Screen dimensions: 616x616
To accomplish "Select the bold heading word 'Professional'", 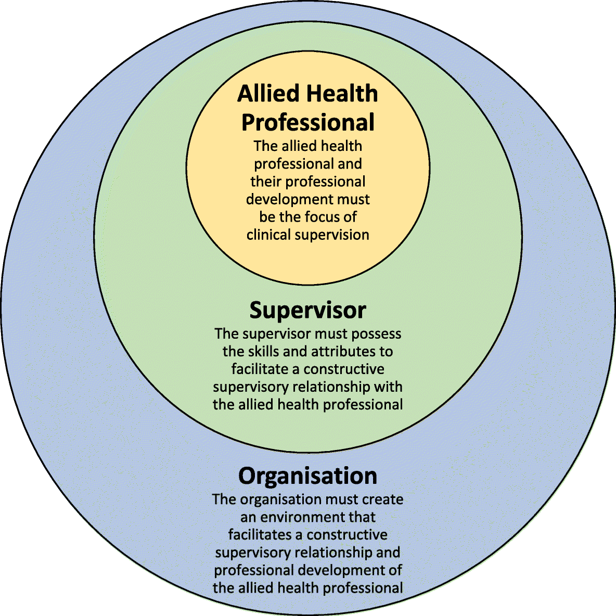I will pyautogui.click(x=308, y=123).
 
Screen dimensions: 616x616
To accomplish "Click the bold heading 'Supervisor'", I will pyautogui.click(x=308, y=311).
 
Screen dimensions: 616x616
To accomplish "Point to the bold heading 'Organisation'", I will pyautogui.click(x=308, y=476).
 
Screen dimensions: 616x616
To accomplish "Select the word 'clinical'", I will pyautogui.click(x=268, y=235).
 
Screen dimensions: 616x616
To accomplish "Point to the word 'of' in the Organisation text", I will pyautogui.click(x=395, y=570).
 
